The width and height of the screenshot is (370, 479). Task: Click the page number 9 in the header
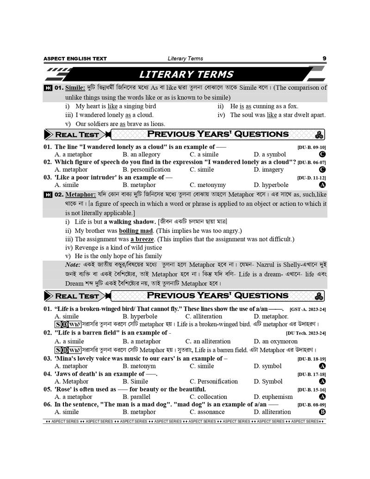pyautogui.click(x=324, y=58)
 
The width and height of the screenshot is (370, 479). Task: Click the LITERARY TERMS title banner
pyautogui.click(x=186, y=75)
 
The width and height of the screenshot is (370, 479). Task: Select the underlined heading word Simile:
pyautogui.click(x=75, y=87)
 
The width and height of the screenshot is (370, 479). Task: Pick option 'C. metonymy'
pyautogui.click(x=208, y=185)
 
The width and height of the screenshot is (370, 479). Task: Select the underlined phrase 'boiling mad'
pyautogui.click(x=136, y=230)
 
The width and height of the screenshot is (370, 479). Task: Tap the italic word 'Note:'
pyautogui.click(x=73, y=265)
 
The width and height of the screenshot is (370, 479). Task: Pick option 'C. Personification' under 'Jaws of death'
pyautogui.click(x=214, y=381)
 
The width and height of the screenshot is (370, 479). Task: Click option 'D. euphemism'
pyautogui.click(x=273, y=397)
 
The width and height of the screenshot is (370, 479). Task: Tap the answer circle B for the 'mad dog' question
pyautogui.click(x=323, y=412)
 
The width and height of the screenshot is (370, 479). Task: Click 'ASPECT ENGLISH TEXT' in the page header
pyautogui.click(x=75, y=59)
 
